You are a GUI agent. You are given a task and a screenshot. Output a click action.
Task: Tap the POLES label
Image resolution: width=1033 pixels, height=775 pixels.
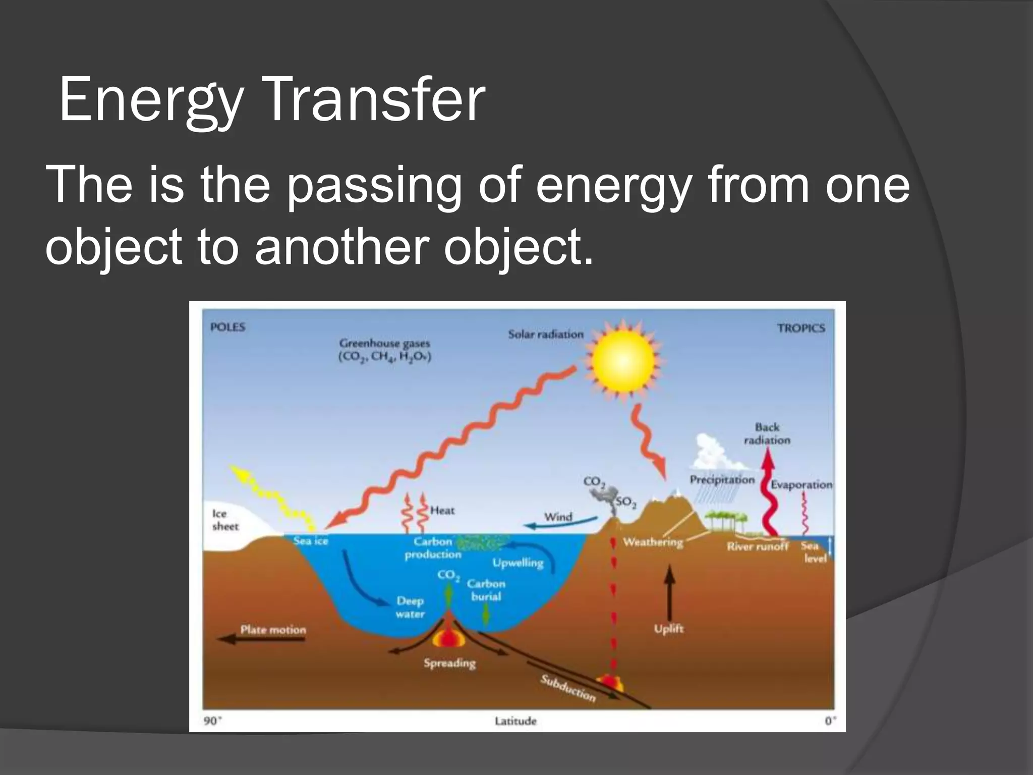tap(227, 327)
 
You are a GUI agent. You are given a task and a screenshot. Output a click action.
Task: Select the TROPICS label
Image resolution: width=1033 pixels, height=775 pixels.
tap(801, 328)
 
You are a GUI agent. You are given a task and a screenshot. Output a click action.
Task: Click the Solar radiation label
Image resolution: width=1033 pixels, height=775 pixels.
tap(545, 334)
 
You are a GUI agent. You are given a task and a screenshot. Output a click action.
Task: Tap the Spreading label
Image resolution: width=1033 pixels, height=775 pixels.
tap(449, 663)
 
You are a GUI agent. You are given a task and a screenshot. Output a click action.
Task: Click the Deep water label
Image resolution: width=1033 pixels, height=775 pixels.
tap(410, 607)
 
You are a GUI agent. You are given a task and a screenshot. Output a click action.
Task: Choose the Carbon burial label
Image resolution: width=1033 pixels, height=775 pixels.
tap(485, 590)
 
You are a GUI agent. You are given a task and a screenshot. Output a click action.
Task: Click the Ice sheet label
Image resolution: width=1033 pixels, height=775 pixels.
tap(224, 520)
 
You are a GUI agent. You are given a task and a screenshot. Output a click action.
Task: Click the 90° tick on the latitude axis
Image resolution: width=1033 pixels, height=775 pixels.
tap(212, 721)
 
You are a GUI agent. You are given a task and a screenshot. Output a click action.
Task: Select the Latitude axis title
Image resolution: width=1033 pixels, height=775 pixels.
tap(515, 721)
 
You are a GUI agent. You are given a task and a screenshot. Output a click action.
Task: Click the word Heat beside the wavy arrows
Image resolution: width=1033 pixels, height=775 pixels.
tap(442, 510)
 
